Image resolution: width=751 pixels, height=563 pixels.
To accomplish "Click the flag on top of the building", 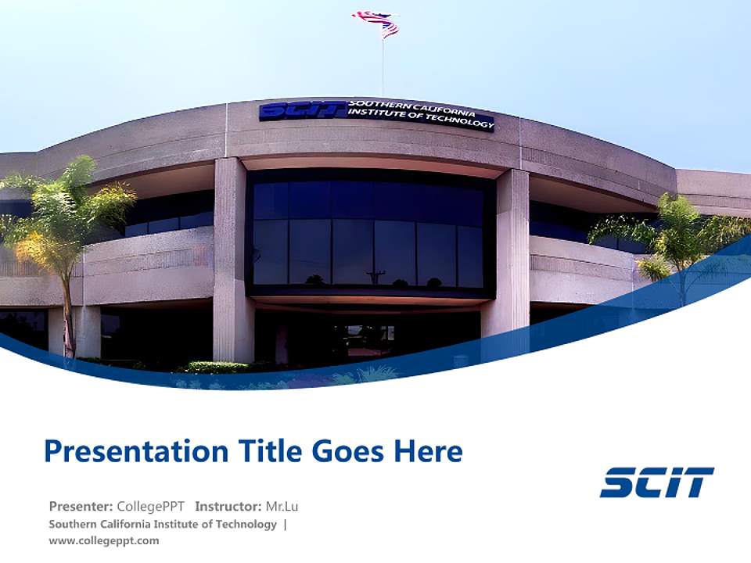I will click(377, 23).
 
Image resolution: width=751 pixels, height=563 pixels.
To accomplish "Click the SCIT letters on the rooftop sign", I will click(302, 111).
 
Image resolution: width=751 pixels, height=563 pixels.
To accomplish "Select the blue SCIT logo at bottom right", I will click(656, 482).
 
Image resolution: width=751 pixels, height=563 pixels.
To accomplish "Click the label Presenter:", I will click(81, 506).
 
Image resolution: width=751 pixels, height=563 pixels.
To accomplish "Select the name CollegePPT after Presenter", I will click(152, 506).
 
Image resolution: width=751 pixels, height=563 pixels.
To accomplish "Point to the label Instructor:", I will click(228, 506).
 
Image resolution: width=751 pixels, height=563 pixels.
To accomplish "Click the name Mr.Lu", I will click(282, 506).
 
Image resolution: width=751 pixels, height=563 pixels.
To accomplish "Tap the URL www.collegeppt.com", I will click(103, 540).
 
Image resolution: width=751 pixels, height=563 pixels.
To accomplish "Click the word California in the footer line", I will click(137, 524).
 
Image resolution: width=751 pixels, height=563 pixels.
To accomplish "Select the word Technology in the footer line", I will click(245, 524).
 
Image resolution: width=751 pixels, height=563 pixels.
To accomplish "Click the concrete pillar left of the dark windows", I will click(229, 258).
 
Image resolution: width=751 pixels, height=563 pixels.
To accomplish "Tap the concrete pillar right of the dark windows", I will click(512, 250).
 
